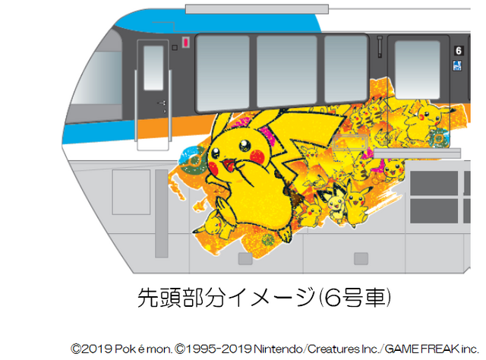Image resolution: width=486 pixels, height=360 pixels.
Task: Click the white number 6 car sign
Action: coord(458,50)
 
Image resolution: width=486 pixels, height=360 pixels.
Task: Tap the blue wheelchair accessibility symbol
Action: coord(458,65)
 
